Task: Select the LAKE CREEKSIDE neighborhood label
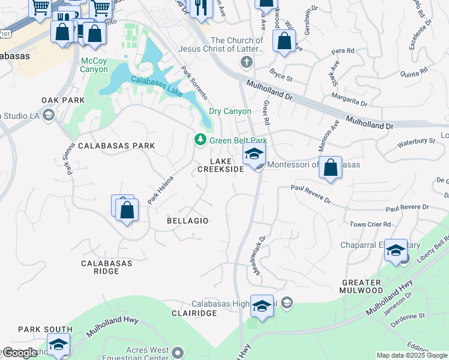(221, 165)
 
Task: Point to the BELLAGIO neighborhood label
(188, 221)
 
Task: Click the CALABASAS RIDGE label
(100, 267)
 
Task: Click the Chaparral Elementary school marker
(396, 250)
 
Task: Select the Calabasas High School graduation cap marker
(262, 305)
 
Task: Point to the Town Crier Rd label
(370, 224)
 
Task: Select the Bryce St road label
(281, 77)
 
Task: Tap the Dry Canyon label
(230, 111)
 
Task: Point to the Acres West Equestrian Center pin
(178, 352)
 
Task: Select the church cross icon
(247, 62)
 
